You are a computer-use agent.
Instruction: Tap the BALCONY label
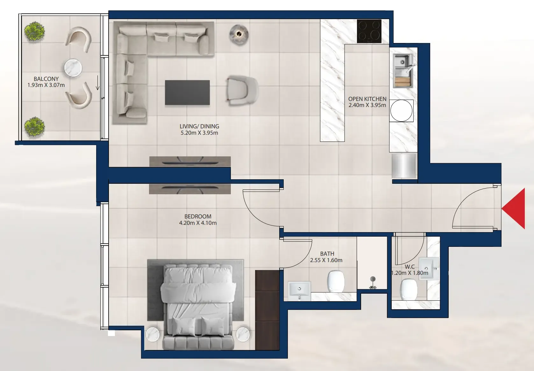click(x=46, y=79)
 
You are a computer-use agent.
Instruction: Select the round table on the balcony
click(x=73, y=68)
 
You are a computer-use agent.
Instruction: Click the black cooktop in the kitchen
click(x=369, y=31)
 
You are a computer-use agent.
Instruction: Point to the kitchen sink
click(x=403, y=71)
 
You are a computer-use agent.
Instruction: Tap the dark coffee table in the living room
click(x=187, y=93)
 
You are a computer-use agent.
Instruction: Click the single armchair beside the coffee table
click(x=242, y=90)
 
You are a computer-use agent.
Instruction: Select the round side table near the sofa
click(x=239, y=35)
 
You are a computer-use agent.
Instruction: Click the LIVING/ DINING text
click(x=199, y=126)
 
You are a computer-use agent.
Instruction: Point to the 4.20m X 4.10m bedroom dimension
click(x=198, y=223)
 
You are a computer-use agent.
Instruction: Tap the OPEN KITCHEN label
click(x=367, y=99)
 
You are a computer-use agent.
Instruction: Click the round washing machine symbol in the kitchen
click(x=402, y=111)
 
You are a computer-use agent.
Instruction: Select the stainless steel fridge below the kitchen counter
click(x=404, y=166)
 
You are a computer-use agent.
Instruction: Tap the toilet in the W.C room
click(x=409, y=289)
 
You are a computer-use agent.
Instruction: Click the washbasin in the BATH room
click(x=299, y=291)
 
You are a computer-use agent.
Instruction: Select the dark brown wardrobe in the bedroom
click(x=267, y=310)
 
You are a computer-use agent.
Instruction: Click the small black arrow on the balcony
click(x=97, y=83)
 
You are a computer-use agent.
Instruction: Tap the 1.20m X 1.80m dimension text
click(x=410, y=273)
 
